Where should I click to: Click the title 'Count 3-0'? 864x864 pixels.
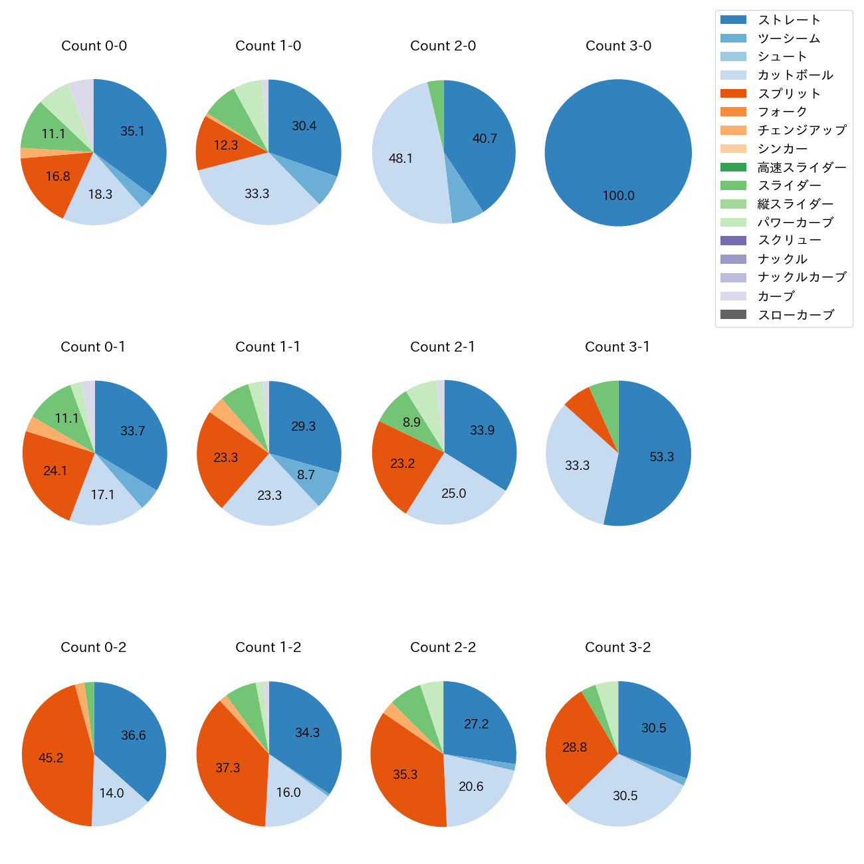point(618,46)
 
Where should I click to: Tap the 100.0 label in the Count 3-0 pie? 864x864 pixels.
point(618,196)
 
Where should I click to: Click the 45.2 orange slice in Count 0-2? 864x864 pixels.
point(53,758)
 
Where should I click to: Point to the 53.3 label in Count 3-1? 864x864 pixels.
point(661,457)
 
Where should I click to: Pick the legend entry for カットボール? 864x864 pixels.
point(795,75)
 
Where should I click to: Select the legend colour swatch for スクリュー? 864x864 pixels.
point(733,241)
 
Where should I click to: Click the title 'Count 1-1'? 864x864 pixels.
point(268,347)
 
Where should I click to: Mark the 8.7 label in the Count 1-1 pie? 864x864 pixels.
point(306,475)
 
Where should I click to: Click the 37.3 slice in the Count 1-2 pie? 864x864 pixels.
point(228,768)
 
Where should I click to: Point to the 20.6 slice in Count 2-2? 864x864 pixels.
point(472,788)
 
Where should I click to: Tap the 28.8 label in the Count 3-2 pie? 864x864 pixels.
point(575,748)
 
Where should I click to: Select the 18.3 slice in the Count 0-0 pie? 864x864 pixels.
point(100,195)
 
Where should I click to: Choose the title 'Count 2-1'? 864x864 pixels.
point(443,347)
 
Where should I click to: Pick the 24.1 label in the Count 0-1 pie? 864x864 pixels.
point(55,471)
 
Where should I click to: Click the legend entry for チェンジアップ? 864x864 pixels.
point(802,130)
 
